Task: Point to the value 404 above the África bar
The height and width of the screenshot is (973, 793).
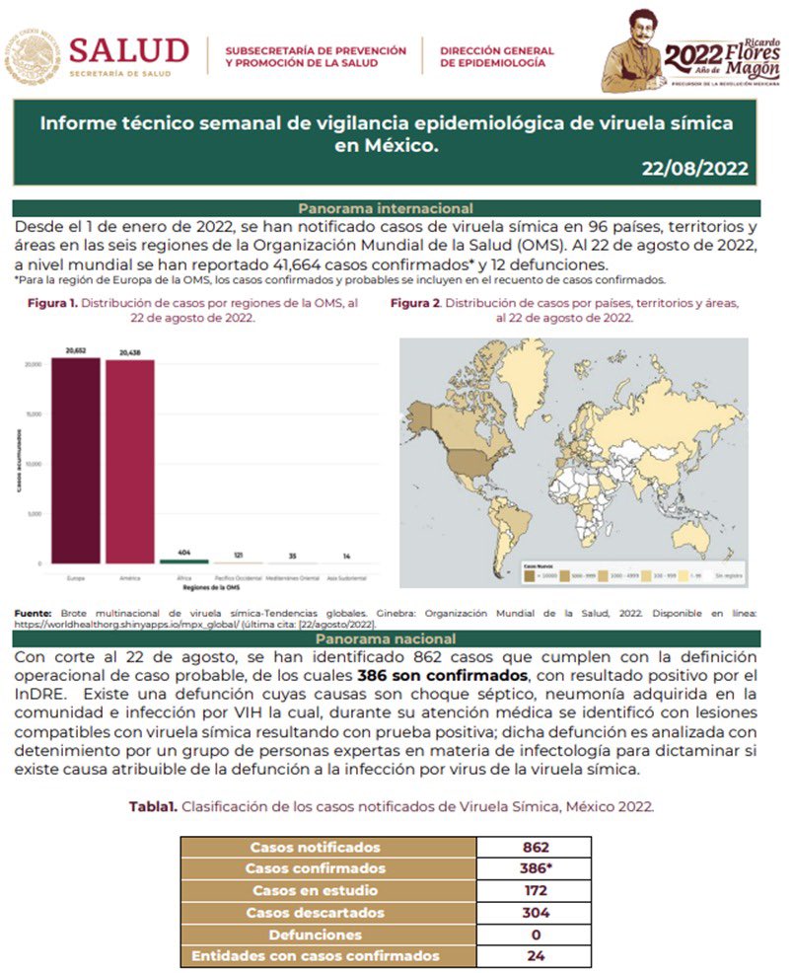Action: click(x=183, y=552)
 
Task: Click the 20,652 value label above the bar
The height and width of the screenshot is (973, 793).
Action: click(x=77, y=350)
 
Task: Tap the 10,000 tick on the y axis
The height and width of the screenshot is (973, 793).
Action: click(x=33, y=464)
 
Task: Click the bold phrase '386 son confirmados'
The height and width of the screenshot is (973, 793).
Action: click(x=444, y=675)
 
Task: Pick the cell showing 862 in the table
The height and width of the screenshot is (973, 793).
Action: click(x=536, y=847)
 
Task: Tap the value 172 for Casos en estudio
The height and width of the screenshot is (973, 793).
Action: click(x=536, y=890)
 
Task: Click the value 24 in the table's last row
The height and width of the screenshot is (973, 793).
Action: click(x=536, y=955)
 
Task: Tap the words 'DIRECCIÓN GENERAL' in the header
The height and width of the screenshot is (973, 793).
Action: click(x=497, y=49)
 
